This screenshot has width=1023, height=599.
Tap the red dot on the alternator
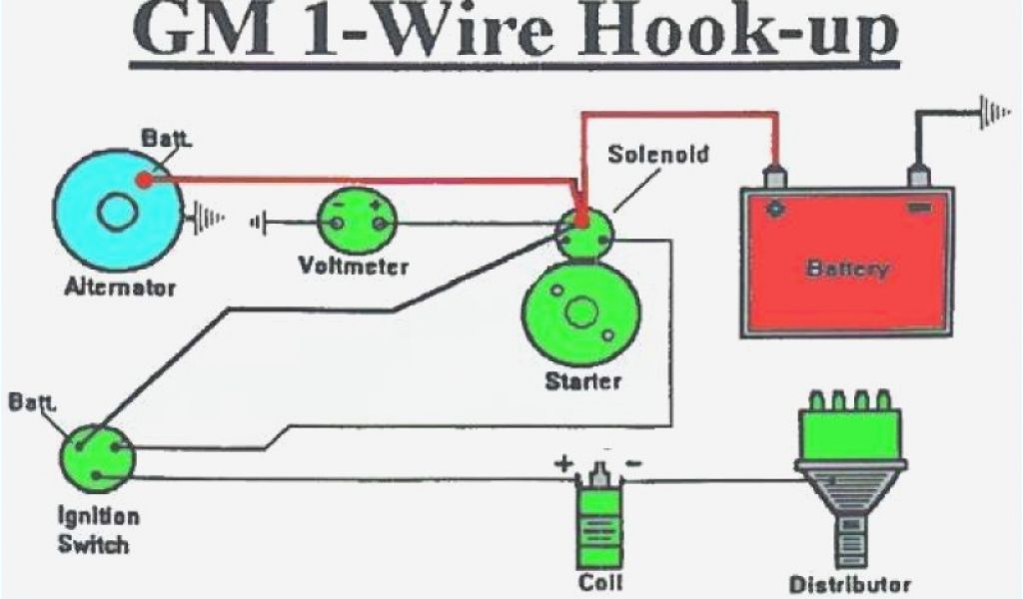click(145, 181)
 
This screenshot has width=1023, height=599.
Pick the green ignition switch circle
click(96, 456)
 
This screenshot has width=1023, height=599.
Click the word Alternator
click(120, 288)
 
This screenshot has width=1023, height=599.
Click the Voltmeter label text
click(354, 267)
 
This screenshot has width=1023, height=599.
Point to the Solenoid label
click(659, 155)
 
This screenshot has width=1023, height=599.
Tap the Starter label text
click(582, 380)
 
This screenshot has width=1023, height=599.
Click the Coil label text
click(602, 581)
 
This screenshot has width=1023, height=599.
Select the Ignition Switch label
click(96, 531)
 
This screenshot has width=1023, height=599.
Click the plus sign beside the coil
click(565, 463)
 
